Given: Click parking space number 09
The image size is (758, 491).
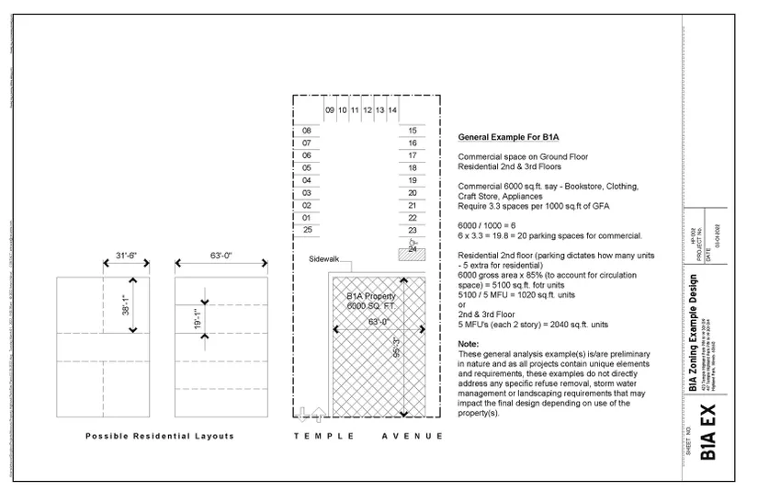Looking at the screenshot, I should point(330,110).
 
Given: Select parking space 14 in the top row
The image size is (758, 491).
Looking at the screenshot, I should point(392,110).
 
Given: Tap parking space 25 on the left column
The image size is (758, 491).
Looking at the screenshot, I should point(308,230).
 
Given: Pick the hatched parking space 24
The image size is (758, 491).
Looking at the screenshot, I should point(413,248).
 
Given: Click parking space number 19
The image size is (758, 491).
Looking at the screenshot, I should point(413,181).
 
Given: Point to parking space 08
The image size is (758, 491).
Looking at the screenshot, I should point(308,131).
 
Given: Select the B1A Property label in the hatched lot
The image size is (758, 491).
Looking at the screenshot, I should point(371,297).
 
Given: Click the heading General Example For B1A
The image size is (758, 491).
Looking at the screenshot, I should point(509,137).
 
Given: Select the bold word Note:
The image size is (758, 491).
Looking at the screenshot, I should point(469,344).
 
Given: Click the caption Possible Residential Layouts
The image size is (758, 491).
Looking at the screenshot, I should point(160,435).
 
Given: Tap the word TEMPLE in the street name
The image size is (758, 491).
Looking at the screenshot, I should point(322,435).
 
